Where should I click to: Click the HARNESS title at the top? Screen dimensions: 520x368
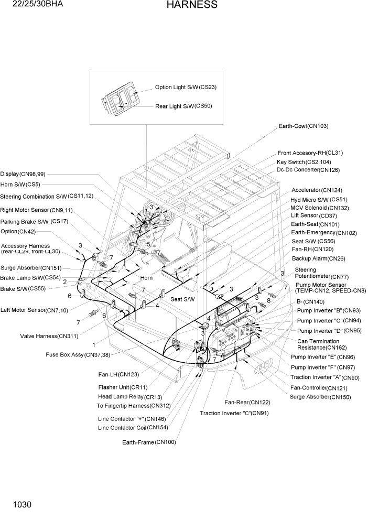[x=192, y=5]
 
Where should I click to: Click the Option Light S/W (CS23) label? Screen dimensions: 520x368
[x=186, y=88]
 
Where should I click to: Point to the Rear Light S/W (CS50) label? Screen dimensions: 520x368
[x=183, y=106]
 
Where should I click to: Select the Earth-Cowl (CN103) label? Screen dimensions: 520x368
[x=304, y=126]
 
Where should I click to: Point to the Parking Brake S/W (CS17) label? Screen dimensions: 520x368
[x=34, y=222]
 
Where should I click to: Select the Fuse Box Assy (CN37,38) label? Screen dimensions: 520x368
[x=84, y=355]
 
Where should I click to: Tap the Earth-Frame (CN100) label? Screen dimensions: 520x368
[x=149, y=442]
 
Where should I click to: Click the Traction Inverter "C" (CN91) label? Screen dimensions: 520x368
[x=234, y=413]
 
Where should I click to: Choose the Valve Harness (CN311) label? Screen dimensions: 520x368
[x=49, y=336]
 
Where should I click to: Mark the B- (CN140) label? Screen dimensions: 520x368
[x=310, y=301]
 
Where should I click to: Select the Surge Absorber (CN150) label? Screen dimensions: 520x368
[x=320, y=397]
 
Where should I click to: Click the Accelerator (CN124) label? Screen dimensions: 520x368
[x=317, y=190]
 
